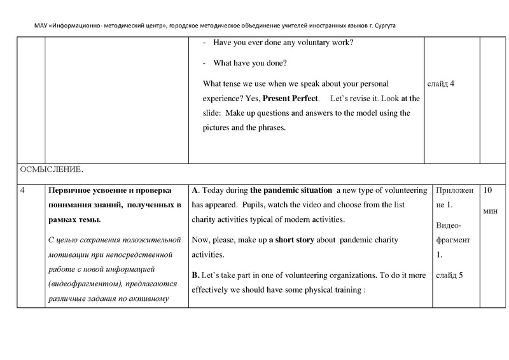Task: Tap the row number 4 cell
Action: point(24,190)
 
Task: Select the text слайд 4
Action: point(443,83)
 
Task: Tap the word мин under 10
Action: point(490,210)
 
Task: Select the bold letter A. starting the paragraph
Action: point(195,190)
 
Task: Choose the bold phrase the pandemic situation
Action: point(291,190)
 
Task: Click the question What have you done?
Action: point(250,63)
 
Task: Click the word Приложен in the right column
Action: point(452,190)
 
